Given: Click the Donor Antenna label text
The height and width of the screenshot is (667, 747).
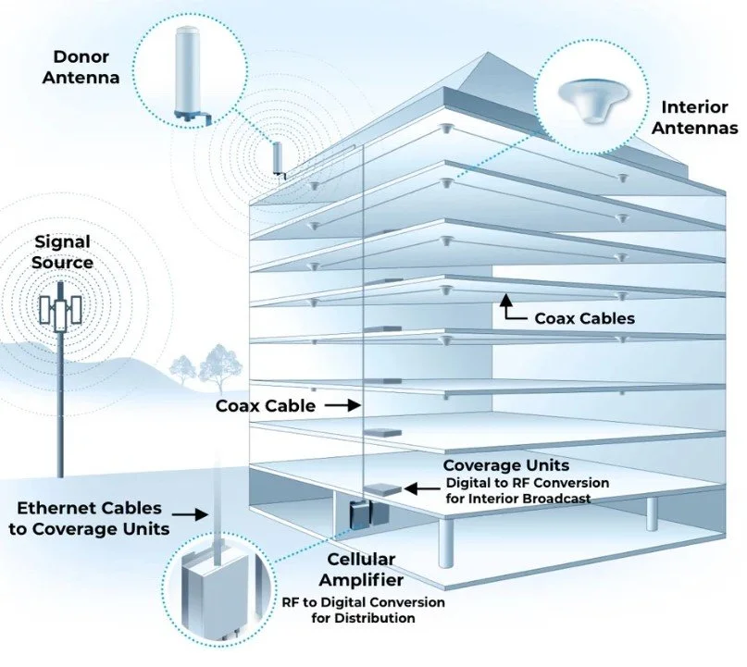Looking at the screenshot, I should pyautogui.click(x=85, y=66).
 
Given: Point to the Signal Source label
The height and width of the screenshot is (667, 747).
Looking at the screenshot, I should pyautogui.click(x=63, y=252).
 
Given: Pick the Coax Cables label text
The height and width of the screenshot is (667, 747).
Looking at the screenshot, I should pyautogui.click(x=584, y=318).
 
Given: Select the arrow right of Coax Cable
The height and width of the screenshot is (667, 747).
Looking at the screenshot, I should pyautogui.click(x=343, y=405).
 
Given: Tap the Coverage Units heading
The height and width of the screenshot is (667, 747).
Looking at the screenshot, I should pyautogui.click(x=505, y=465).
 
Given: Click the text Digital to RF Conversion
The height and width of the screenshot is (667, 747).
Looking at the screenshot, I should pyautogui.click(x=527, y=484).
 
